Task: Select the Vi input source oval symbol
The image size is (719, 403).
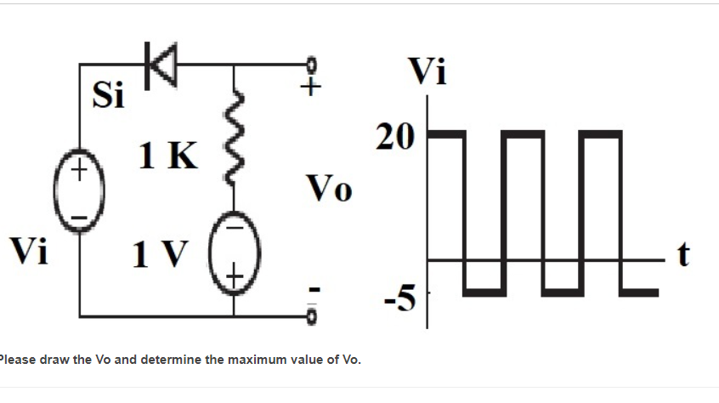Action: [x=78, y=194]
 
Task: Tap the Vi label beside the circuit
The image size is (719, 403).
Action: [x=28, y=251]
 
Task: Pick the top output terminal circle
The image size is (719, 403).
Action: [x=311, y=65]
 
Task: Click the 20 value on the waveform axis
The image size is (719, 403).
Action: [x=395, y=135]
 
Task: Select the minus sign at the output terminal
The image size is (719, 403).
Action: [x=312, y=292]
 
